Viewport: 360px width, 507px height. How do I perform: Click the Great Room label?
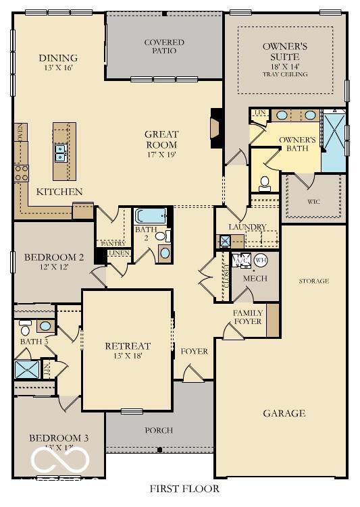point(161,139)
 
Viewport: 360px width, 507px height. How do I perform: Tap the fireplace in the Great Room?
point(217,128)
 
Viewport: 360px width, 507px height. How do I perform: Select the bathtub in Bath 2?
point(149,216)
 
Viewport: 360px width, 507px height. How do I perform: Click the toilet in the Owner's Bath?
point(265,182)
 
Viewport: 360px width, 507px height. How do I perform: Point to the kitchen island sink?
point(61,153)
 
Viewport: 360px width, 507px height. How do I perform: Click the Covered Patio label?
point(164,47)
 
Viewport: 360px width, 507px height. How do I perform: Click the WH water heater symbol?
point(261,260)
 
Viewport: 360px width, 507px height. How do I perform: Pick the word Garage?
point(284,413)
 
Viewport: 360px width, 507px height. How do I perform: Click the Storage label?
point(313,281)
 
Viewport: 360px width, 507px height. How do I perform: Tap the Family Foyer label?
point(248,318)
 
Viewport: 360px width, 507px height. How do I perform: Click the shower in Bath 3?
point(27,369)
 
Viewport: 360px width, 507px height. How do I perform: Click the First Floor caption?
point(184,488)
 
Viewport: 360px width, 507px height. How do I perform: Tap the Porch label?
point(159,430)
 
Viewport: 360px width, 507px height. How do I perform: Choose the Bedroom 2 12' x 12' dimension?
point(53,267)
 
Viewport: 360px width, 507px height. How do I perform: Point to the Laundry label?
point(247,227)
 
